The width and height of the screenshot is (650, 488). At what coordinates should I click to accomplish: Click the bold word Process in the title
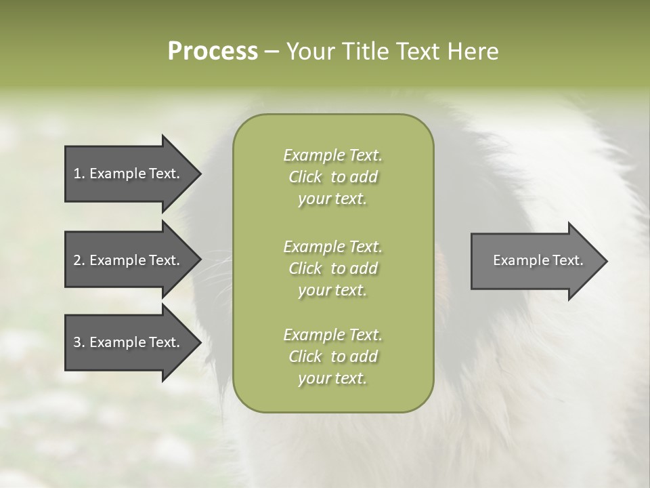(213, 52)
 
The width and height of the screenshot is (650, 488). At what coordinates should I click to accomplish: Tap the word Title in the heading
(366, 52)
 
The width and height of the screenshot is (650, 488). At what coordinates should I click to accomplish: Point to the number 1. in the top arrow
(79, 174)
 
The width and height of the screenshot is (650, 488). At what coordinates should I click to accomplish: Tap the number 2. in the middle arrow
(79, 260)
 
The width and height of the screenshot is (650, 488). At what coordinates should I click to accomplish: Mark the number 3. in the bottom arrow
(79, 342)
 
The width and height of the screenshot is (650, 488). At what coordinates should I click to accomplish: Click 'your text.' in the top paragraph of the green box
(332, 199)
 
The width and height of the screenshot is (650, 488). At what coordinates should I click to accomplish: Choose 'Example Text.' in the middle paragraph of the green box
(332, 246)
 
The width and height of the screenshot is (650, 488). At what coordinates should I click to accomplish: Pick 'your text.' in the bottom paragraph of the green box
(332, 379)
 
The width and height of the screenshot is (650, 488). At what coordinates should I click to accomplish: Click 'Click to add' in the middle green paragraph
(332, 268)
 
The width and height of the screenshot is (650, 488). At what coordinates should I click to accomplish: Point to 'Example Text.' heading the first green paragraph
(332, 155)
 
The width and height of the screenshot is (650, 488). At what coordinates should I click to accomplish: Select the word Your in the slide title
(309, 52)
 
